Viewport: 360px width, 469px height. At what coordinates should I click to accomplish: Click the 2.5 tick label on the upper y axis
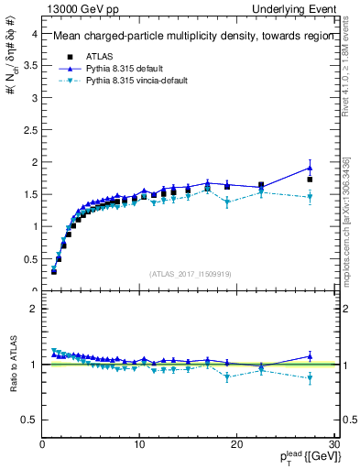click(28, 130)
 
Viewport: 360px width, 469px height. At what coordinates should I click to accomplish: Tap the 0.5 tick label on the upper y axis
click(28, 258)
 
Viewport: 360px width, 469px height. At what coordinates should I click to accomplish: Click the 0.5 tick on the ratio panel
click(28, 420)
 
